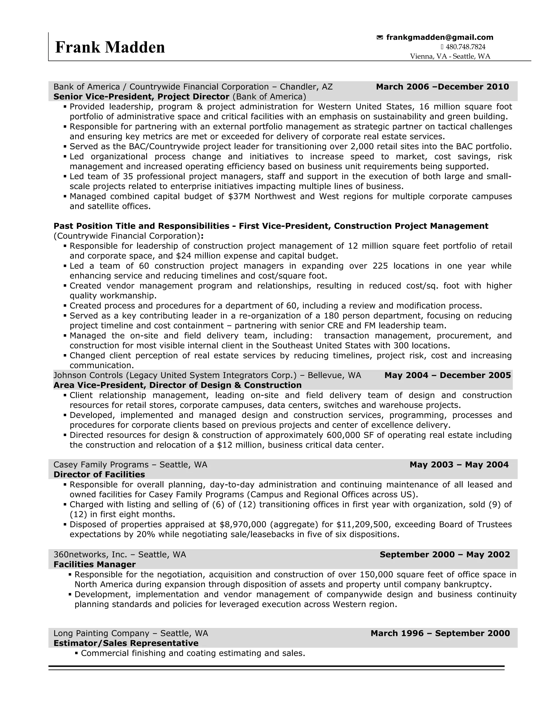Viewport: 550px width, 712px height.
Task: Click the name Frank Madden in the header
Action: pyautogui.click(x=110, y=48)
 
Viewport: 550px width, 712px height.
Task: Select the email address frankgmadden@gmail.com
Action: pyautogui.click(x=440, y=38)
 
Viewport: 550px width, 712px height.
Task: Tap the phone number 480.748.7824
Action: pyautogui.click(x=465, y=47)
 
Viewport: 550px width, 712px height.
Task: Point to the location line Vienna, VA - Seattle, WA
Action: pyautogui.click(x=450, y=56)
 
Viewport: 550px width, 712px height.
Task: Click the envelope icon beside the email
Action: pyautogui.click(x=379, y=38)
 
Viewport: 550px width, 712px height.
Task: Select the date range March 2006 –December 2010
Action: pyautogui.click(x=442, y=87)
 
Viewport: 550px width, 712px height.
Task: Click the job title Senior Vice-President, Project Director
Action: pyautogui.click(x=142, y=97)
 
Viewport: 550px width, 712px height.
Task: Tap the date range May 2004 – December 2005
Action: pyautogui.click(x=447, y=375)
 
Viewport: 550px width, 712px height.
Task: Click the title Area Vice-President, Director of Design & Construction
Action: pyautogui.click(x=178, y=385)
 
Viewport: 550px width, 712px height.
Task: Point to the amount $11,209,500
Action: pyautogui.click(x=363, y=524)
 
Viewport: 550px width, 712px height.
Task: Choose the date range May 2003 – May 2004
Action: pyautogui.click(x=459, y=465)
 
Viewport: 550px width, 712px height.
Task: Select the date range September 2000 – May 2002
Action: pyautogui.click(x=444, y=555)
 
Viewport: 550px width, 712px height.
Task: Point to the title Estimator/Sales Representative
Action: pyautogui.click(x=126, y=643)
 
